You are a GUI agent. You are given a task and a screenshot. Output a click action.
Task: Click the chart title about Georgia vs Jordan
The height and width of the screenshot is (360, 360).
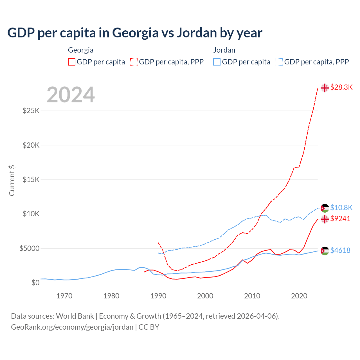click(135, 33)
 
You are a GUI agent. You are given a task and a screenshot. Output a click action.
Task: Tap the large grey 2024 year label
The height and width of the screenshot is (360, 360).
click(71, 95)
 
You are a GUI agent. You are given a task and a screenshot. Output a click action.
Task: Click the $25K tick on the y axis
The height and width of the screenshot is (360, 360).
click(31, 111)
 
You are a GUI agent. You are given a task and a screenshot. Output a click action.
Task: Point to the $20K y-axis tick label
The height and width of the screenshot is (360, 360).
click(31, 145)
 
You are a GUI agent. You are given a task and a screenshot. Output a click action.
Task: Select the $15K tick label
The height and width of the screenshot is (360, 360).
click(31, 179)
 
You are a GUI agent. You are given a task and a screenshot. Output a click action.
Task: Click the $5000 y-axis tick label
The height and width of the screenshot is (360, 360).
click(29, 248)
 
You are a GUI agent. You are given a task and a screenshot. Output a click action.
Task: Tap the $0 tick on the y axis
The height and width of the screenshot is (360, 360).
click(35, 283)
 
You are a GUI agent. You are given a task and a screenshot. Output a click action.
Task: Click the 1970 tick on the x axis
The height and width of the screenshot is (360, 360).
click(64, 296)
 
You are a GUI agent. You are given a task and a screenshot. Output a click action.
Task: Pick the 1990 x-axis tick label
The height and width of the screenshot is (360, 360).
click(158, 296)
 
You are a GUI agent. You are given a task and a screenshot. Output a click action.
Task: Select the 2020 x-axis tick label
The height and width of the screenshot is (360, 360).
click(299, 296)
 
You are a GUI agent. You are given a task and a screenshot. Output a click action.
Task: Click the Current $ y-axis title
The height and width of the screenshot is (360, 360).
click(12, 180)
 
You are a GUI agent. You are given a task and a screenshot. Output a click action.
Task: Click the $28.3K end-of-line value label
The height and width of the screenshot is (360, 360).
click(341, 87)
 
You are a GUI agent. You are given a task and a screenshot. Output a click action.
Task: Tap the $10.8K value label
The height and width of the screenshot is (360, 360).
click(341, 208)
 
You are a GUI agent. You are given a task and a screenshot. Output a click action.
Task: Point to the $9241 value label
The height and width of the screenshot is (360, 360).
click(340, 219)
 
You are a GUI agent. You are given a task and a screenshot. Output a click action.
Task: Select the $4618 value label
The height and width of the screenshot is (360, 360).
click(340, 250)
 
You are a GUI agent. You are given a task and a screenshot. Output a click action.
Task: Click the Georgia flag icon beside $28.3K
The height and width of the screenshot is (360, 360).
click(325, 88)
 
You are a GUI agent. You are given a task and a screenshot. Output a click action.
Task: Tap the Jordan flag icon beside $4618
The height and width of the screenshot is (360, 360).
click(325, 251)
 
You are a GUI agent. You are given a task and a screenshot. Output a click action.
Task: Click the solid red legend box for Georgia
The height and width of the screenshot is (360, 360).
click(72, 62)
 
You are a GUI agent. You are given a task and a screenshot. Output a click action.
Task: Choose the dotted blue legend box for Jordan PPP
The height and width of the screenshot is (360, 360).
click(279, 62)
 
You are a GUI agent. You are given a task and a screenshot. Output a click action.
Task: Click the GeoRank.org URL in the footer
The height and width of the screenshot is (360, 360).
click(72, 327)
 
